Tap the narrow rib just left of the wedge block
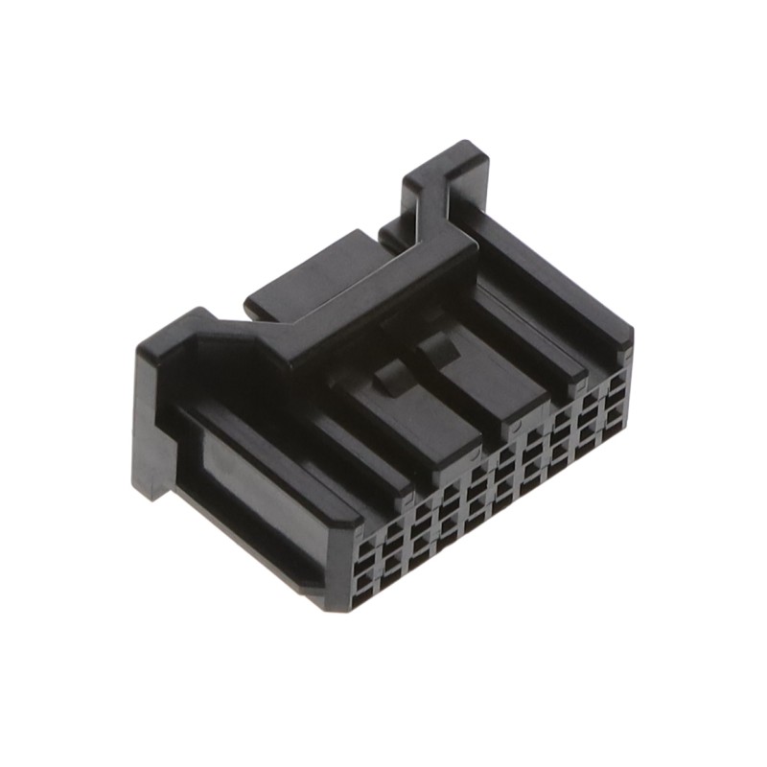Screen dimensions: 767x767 (355, 451)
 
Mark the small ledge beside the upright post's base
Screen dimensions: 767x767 (391, 232)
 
